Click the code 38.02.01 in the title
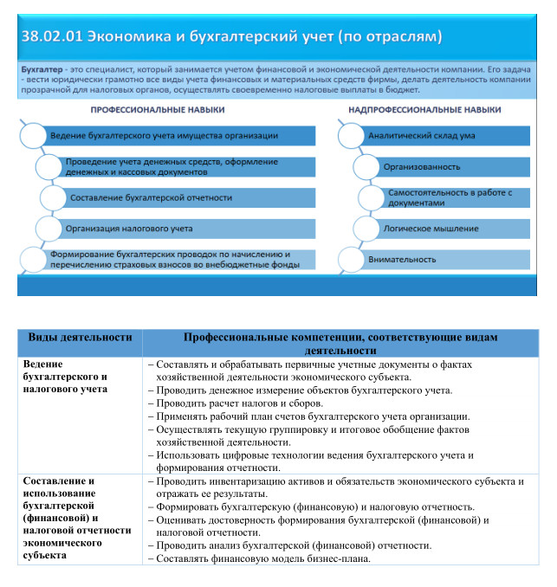(58, 37)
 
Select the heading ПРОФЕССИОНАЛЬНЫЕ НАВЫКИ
(158, 110)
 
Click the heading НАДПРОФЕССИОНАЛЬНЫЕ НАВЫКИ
(424, 110)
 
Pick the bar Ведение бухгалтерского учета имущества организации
(164, 136)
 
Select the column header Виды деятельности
(81, 337)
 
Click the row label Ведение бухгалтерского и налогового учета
(66, 377)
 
